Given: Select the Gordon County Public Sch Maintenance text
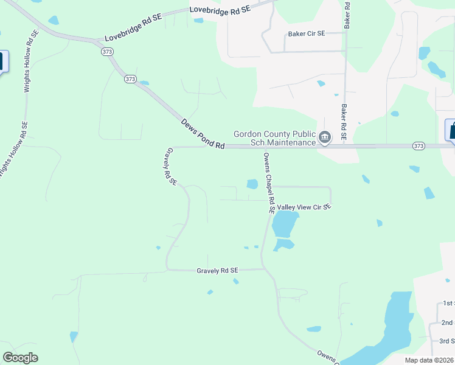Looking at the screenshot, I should point(275,138).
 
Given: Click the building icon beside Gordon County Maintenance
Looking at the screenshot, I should point(325,138).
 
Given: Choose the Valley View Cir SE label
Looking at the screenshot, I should point(304,207).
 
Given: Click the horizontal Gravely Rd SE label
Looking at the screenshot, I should point(217,270).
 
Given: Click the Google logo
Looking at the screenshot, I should point(21,358).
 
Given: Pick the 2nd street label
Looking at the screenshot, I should point(448,322).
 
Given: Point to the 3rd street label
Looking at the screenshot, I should point(447,341).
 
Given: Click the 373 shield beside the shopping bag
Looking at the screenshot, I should point(418,146).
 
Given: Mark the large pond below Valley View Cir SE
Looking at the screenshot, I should point(285,224).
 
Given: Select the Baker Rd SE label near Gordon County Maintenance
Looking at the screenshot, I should point(344,122).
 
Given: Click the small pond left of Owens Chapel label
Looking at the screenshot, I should point(252,184).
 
